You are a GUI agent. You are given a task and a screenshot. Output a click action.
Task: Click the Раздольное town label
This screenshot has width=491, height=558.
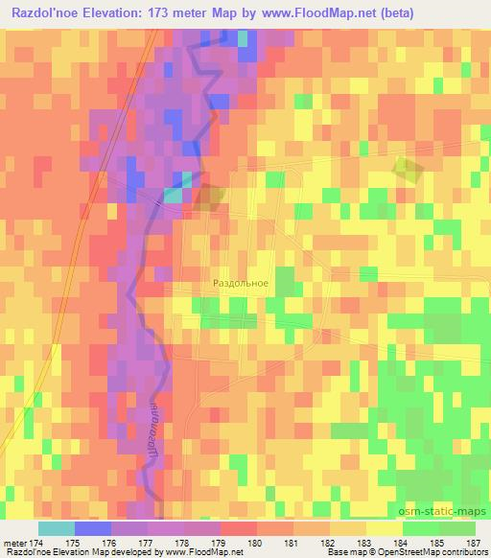click(240, 284)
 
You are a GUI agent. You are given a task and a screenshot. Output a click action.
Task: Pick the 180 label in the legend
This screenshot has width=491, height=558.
click(253, 543)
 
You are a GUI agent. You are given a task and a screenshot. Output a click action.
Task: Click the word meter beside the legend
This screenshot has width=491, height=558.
click(12, 543)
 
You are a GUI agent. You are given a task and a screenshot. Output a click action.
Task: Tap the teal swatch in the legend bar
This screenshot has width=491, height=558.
click(57, 528)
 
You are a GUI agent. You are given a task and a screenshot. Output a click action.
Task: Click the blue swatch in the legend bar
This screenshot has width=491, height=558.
click(93, 528)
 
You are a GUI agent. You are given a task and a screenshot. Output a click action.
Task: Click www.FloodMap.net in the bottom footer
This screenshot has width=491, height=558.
click(206, 553)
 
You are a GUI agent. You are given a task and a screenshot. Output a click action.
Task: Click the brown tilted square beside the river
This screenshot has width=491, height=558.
click(208, 198)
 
